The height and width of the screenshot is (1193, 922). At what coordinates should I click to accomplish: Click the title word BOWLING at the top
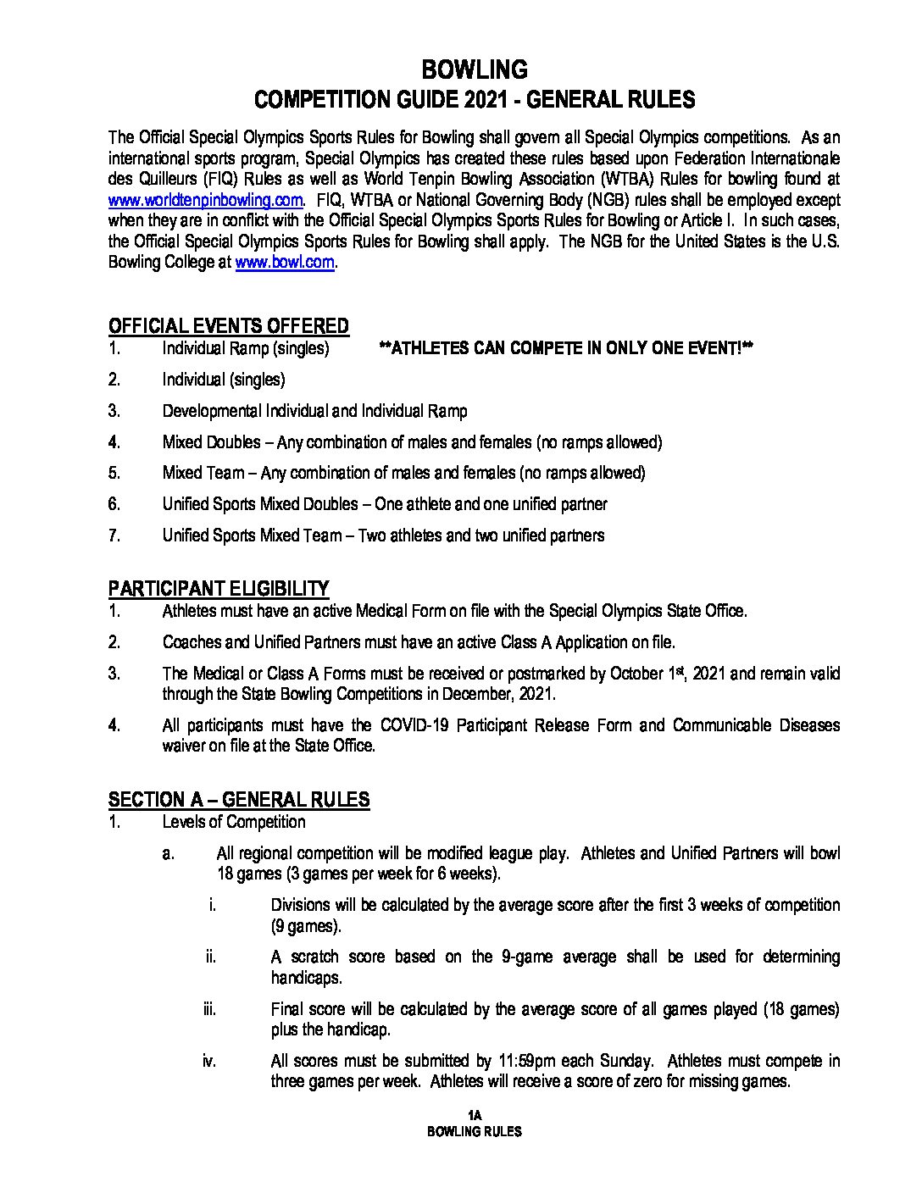pyautogui.click(x=474, y=69)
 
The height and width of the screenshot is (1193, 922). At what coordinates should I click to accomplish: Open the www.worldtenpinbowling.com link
pyautogui.click(x=205, y=200)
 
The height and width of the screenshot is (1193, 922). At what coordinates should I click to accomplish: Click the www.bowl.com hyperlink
pyautogui.click(x=285, y=263)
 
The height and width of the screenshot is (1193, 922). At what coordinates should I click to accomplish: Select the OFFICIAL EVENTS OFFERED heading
pyautogui.click(x=228, y=326)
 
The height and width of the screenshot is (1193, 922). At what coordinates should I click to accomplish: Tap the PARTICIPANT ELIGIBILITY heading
pyautogui.click(x=218, y=588)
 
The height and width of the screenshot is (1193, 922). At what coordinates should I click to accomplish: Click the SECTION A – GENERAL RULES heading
pyautogui.click(x=238, y=799)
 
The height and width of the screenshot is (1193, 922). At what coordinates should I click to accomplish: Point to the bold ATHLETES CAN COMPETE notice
pyautogui.click(x=567, y=348)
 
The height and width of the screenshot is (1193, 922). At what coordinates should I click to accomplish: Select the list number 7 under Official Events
pyautogui.click(x=114, y=535)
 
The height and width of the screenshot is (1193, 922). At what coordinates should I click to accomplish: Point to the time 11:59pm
pyautogui.click(x=535, y=1061)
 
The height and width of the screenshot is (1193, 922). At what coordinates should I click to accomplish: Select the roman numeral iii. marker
pyautogui.click(x=209, y=1009)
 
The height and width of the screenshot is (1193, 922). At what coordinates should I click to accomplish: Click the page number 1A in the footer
pyautogui.click(x=474, y=1115)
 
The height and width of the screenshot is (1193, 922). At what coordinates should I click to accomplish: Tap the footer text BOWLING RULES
pyautogui.click(x=474, y=1131)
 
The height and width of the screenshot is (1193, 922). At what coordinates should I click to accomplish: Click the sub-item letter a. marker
pyautogui.click(x=169, y=853)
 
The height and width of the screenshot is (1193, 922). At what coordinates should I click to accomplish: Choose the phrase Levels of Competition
pyautogui.click(x=233, y=822)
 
